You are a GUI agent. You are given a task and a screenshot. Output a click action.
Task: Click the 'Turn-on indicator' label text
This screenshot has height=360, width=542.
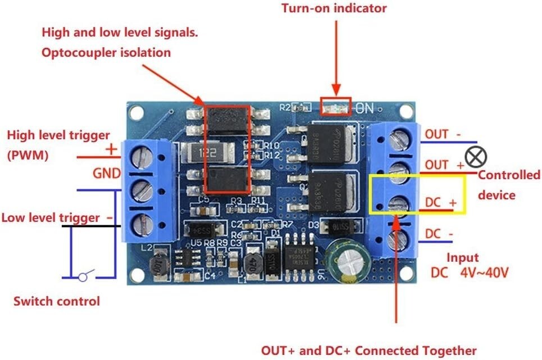pyautogui.click(x=334, y=8)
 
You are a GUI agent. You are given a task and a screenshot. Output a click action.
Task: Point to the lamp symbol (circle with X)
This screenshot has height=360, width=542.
pyautogui.click(x=476, y=157)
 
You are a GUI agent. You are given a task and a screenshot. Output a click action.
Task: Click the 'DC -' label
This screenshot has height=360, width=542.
pyautogui.click(x=440, y=233)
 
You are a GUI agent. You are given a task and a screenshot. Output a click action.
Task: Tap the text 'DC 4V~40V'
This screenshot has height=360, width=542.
pyautogui.click(x=470, y=274)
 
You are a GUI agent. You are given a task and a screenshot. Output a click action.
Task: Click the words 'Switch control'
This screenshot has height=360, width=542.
pyautogui.click(x=56, y=301)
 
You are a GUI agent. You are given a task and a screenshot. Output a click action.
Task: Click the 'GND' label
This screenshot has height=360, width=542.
pyautogui.click(x=106, y=174)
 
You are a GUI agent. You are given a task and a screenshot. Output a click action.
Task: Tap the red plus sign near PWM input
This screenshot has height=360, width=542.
pyautogui.click(x=111, y=149)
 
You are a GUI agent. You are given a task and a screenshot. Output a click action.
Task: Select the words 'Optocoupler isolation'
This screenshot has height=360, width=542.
pyautogui.click(x=106, y=53)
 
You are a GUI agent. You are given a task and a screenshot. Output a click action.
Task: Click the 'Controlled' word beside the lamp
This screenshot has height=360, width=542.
pyautogui.click(x=509, y=175)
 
